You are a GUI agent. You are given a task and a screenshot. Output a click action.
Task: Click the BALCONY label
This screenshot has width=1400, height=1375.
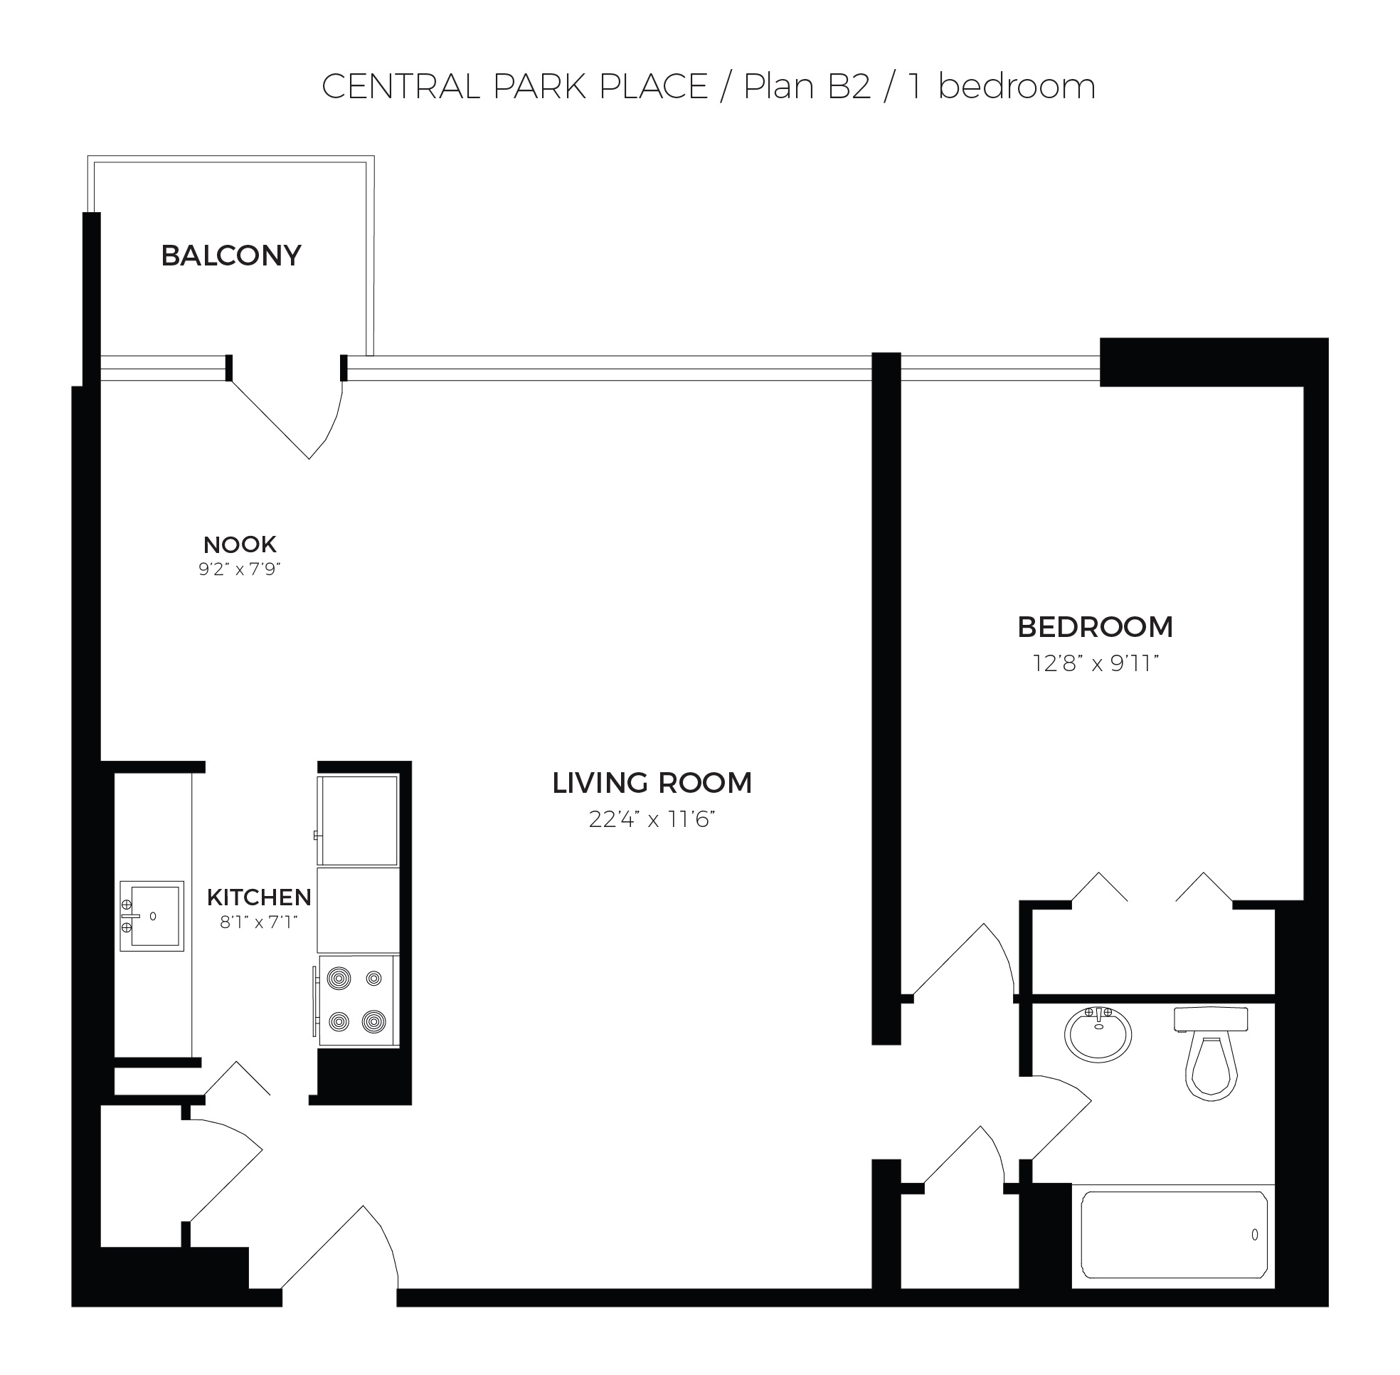(x=230, y=255)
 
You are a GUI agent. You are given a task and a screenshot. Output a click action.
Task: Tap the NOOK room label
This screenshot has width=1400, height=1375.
(x=240, y=544)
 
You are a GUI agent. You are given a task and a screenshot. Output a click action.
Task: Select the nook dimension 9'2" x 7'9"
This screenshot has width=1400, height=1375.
(x=239, y=569)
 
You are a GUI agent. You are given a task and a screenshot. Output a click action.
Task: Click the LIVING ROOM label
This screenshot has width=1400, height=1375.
(x=652, y=783)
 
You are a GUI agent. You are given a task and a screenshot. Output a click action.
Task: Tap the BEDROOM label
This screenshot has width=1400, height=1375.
(x=1095, y=626)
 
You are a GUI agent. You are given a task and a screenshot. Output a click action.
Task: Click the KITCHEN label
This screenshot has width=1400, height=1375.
(x=259, y=897)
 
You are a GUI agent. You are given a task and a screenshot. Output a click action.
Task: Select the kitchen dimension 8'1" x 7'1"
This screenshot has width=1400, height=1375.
(x=259, y=922)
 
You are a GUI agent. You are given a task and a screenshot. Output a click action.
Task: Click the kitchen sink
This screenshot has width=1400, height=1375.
(x=152, y=916)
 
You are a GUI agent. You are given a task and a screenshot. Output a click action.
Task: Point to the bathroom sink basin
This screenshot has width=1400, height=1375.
(x=1098, y=1034)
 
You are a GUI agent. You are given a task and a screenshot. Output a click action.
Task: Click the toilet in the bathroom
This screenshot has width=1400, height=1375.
(x=1211, y=1052)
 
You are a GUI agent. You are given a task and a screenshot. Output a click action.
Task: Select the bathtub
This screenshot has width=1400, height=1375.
(x=1173, y=1234)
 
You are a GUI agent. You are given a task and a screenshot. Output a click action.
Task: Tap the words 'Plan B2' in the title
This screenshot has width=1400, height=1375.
(x=807, y=87)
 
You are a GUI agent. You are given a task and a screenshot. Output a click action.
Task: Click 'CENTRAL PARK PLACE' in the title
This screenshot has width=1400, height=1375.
(x=514, y=87)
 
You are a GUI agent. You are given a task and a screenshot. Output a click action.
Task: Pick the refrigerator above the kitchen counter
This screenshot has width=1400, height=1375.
(x=358, y=821)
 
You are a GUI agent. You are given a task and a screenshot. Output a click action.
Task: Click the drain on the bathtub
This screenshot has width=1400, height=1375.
(x=1255, y=1234)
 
